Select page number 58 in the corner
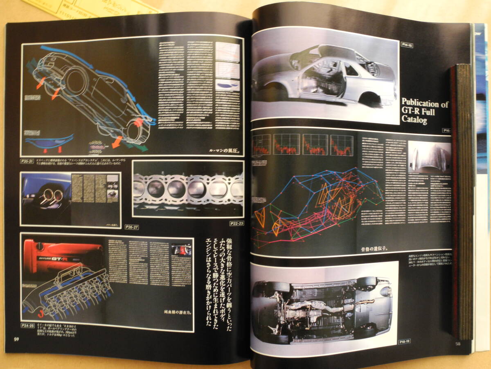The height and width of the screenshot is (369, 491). tap(459, 344)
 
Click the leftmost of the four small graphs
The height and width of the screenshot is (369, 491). tap(262, 144)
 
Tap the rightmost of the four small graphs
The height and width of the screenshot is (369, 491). tap(341, 144)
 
